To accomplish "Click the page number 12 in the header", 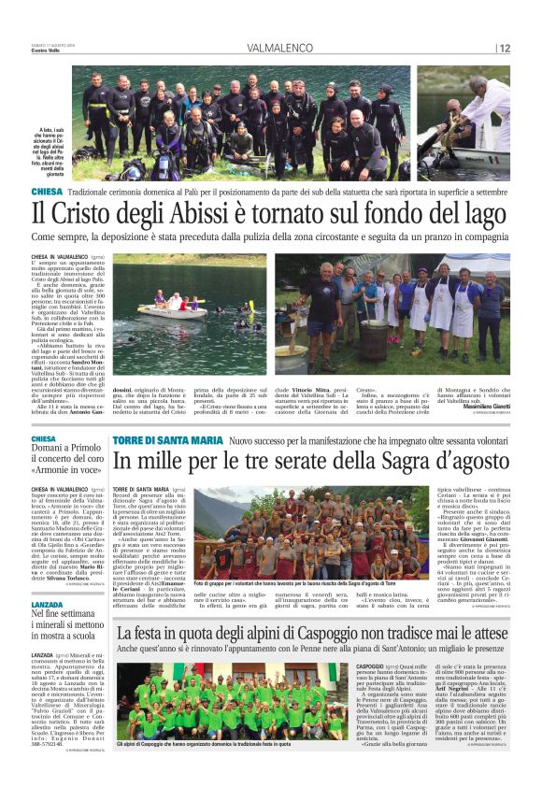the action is [505, 48].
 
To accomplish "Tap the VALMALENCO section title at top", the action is [280, 48].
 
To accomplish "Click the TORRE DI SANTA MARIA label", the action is [167, 439].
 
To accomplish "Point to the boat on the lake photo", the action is [171, 309].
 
